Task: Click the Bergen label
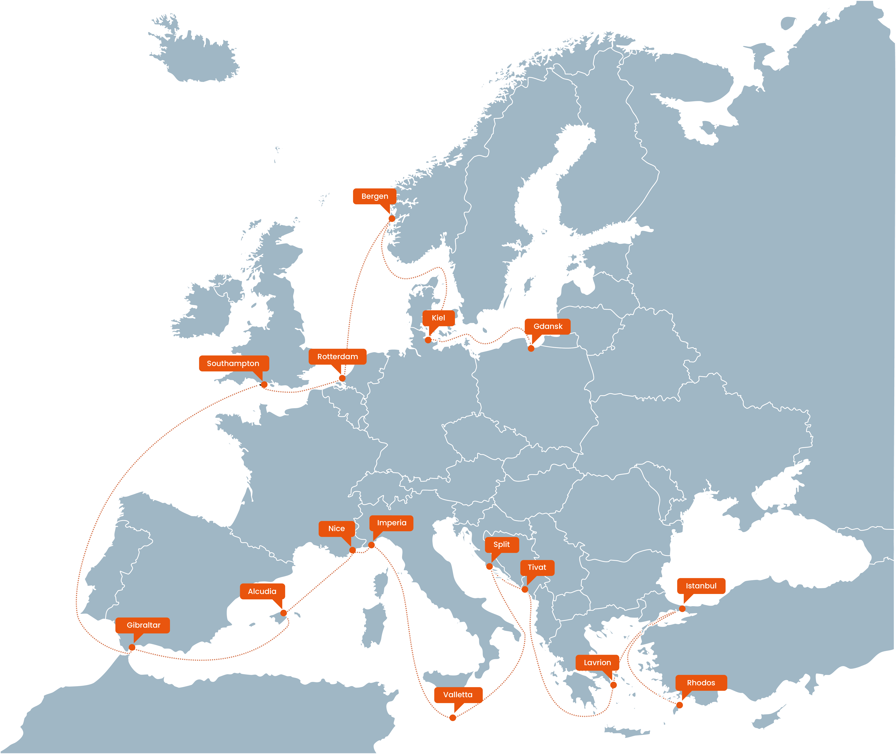[x=375, y=196]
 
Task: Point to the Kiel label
[x=438, y=318]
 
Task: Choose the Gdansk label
[x=548, y=326]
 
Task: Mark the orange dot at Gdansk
[x=531, y=348]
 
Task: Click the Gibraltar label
[x=143, y=625]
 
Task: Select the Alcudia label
[x=262, y=591]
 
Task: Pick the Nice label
[x=336, y=528]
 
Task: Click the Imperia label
[x=391, y=523]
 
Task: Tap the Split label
[x=501, y=544]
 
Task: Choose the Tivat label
[x=537, y=567]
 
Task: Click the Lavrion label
[x=597, y=662]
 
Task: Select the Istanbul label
[x=701, y=586]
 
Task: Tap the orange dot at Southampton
[x=264, y=385]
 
